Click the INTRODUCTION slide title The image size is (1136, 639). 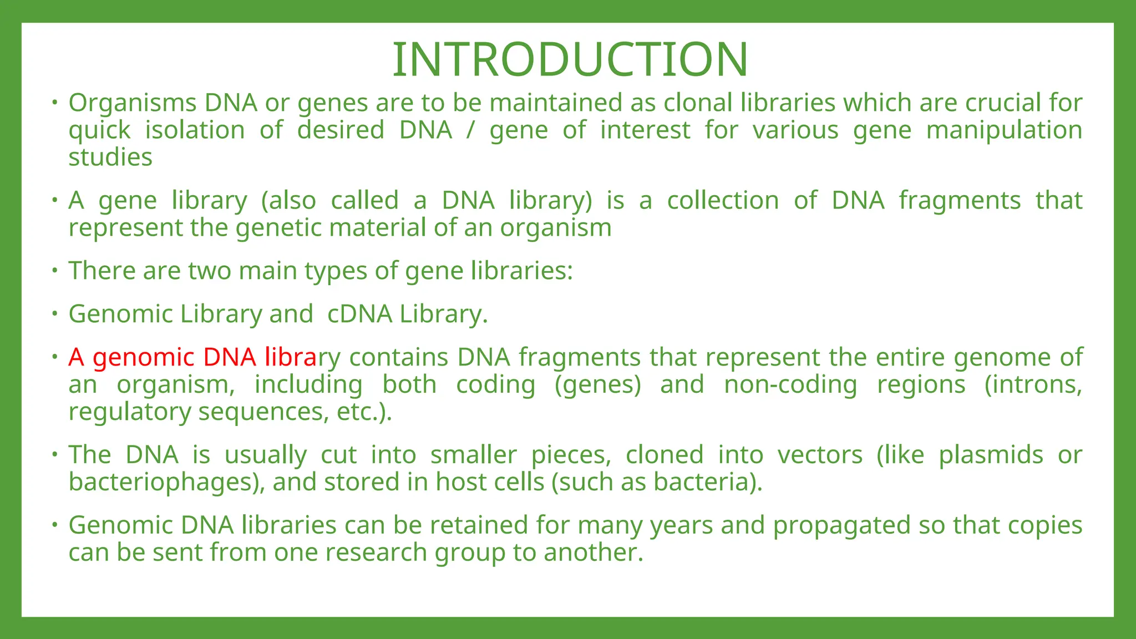(570, 59)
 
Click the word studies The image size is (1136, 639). (110, 158)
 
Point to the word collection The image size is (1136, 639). (723, 201)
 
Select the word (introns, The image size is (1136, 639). (1033, 385)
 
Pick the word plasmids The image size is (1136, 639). (991, 455)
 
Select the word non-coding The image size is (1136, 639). (790, 385)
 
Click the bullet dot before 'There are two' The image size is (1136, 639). (54, 271)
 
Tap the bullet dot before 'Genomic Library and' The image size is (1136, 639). (54, 314)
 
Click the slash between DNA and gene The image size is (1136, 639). (471, 131)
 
